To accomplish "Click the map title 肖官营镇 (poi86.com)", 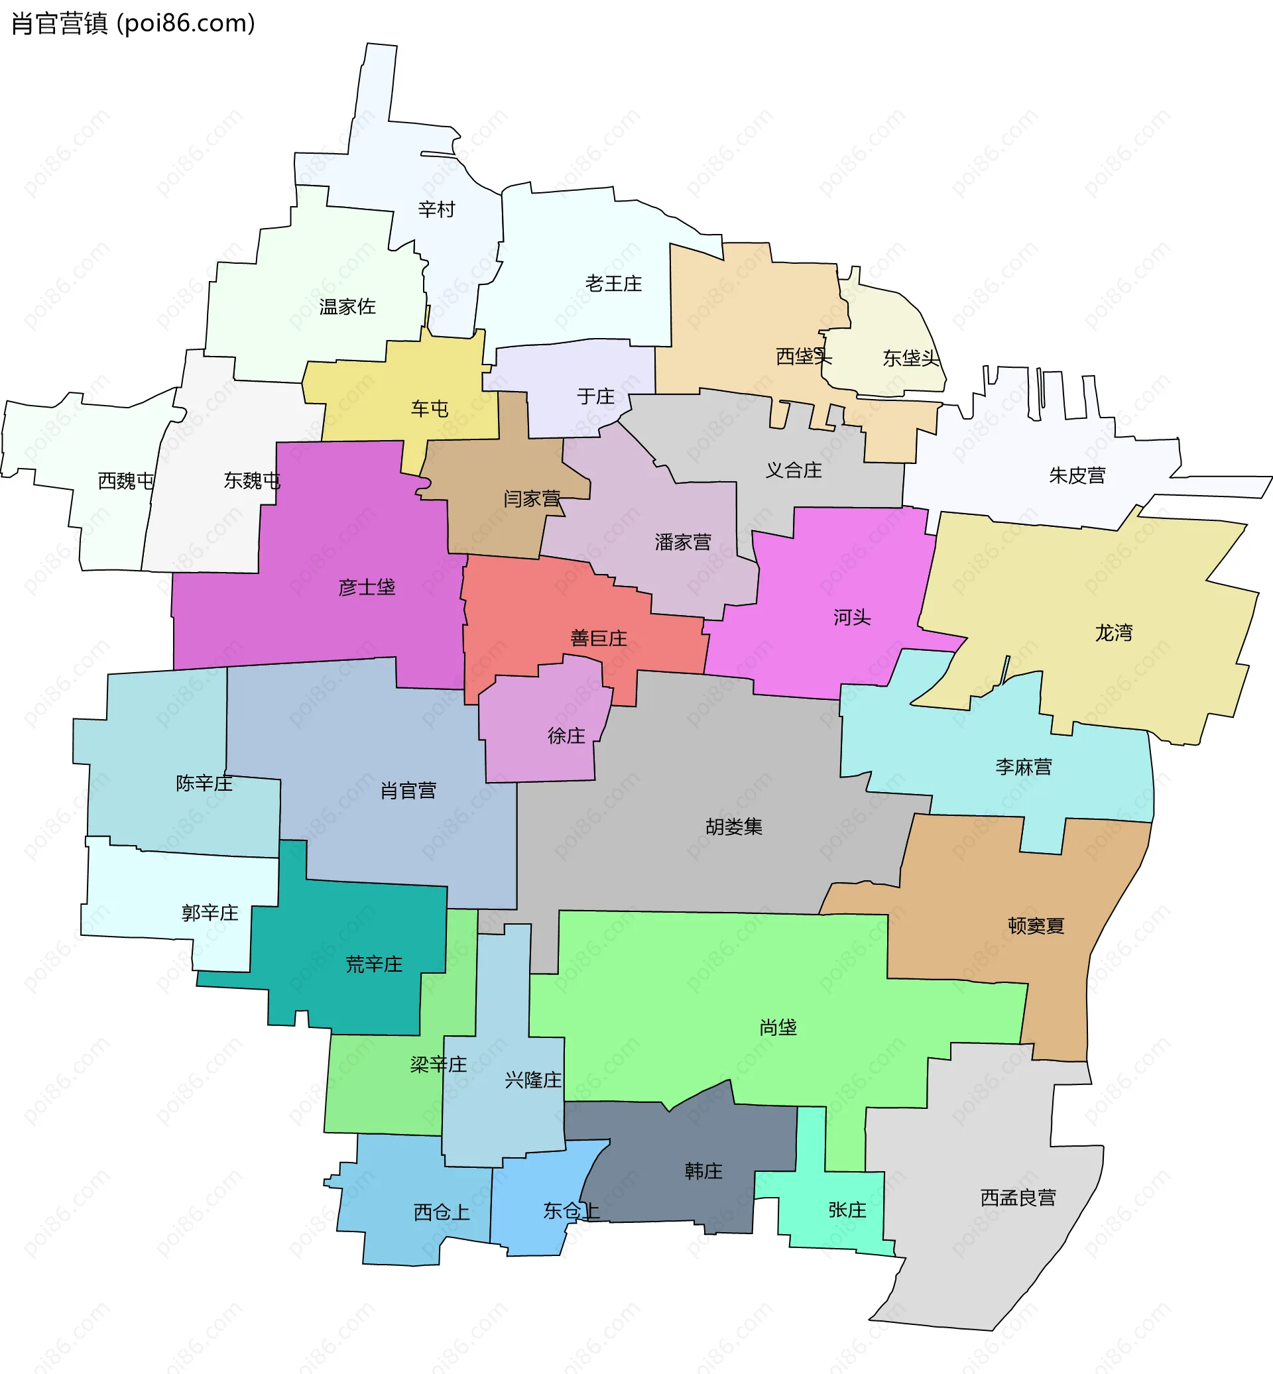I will pyautogui.click(x=134, y=23).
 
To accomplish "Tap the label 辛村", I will pyautogui.click(x=436, y=209).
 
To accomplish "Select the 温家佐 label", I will pyautogui.click(x=347, y=306).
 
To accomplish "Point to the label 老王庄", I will pyautogui.click(x=613, y=284).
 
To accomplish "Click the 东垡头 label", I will pyautogui.click(x=911, y=358).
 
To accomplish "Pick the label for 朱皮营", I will pyautogui.click(x=1077, y=476).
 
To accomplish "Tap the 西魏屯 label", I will pyautogui.click(x=125, y=481).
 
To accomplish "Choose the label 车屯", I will pyautogui.click(x=429, y=409).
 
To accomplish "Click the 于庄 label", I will pyautogui.click(x=595, y=397).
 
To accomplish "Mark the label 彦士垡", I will pyautogui.click(x=367, y=587).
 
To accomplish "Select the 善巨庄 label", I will pyautogui.click(x=599, y=638).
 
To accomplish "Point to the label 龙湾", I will pyautogui.click(x=1113, y=633).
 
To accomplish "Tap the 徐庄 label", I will pyautogui.click(x=566, y=736).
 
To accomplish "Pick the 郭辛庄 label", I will pyautogui.click(x=210, y=913).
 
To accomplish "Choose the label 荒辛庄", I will pyautogui.click(x=373, y=964).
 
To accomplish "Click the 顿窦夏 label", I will pyautogui.click(x=1036, y=926).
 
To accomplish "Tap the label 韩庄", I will pyautogui.click(x=703, y=1171).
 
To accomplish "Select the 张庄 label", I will pyautogui.click(x=847, y=1210).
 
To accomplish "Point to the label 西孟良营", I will pyautogui.click(x=1018, y=1198).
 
